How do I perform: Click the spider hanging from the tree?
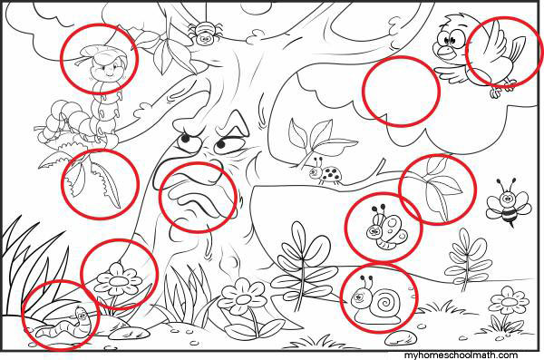(x=204, y=34)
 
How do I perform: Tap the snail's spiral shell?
(x=384, y=302)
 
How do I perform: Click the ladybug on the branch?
(x=325, y=172)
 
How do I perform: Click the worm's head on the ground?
(x=82, y=315)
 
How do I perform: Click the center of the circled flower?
(x=118, y=280)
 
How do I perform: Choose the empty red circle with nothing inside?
(x=401, y=91)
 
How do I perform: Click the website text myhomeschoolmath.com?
(x=461, y=355)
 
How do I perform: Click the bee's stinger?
(x=510, y=225)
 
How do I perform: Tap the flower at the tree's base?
(x=242, y=297)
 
